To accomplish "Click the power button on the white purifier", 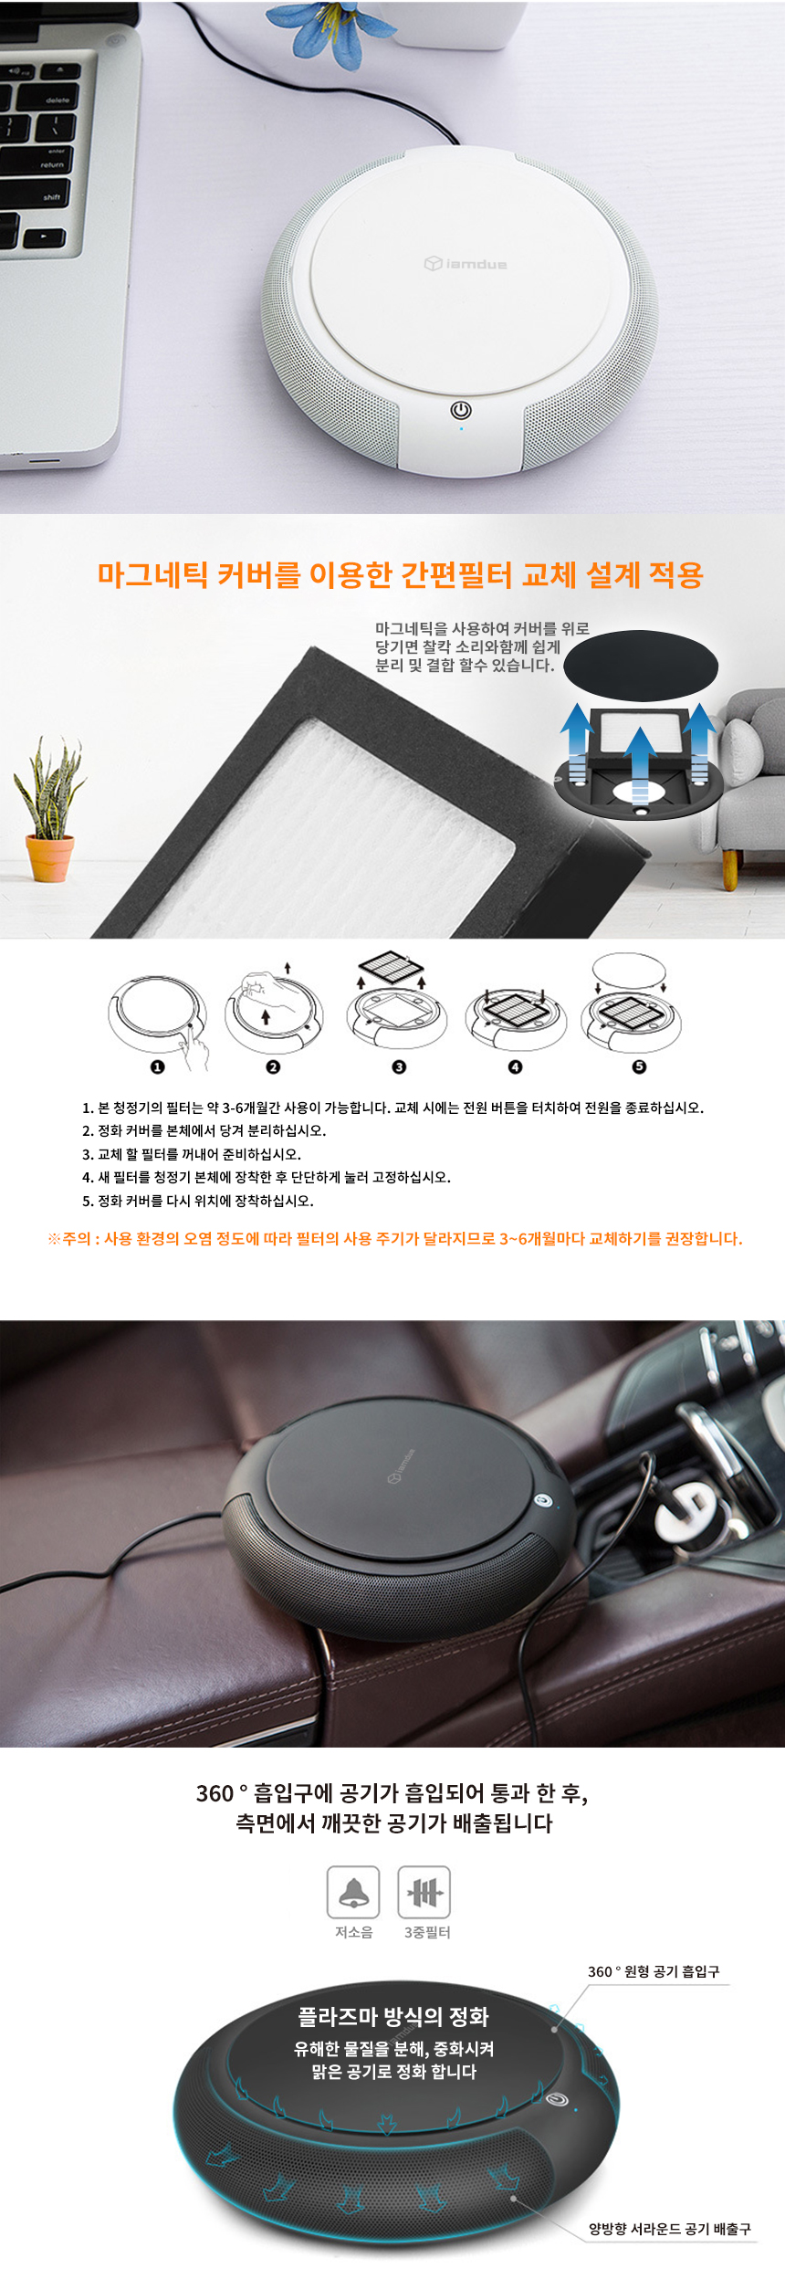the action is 461,410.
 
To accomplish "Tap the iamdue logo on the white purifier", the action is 466,264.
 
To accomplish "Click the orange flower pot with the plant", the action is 50,857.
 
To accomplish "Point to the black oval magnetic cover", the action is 641,665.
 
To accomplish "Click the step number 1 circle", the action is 157,1066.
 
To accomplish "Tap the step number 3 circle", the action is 399,1066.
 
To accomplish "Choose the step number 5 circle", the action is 639,1066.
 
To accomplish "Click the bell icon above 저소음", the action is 353,1892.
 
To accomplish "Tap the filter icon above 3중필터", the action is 424,1892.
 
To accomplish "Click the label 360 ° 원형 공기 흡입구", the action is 654,1971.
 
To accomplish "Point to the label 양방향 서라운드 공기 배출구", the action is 670,2229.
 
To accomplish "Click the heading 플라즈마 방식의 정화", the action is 393,2017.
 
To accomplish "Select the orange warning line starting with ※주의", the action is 394,1239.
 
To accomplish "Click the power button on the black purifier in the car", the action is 543,1499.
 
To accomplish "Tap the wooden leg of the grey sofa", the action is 729,870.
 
